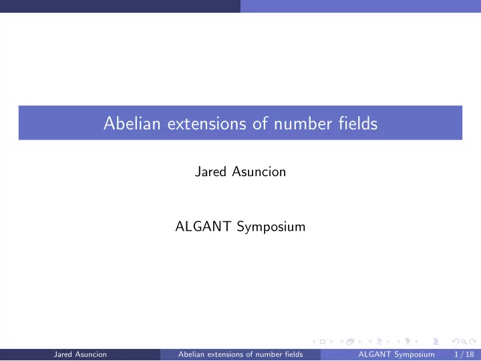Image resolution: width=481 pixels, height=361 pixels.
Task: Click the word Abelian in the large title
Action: (x=132, y=123)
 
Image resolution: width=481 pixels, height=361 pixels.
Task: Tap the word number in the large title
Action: (x=303, y=123)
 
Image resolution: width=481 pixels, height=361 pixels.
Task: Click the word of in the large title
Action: (x=260, y=123)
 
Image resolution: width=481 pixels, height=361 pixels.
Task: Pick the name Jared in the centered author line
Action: (x=210, y=171)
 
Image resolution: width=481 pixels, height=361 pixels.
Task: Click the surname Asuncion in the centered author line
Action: (x=259, y=171)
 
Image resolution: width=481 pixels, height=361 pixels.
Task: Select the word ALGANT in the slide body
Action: (x=203, y=226)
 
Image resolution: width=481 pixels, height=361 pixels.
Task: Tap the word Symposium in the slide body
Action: (x=271, y=227)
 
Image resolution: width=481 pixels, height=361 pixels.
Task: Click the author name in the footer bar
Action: (x=80, y=354)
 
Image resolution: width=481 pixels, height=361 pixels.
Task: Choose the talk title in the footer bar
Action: (x=240, y=354)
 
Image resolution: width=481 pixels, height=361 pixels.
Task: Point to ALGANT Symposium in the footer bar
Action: (x=396, y=354)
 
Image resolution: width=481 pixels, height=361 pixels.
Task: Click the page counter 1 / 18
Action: (x=464, y=354)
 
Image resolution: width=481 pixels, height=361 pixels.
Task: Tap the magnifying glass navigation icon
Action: (x=464, y=342)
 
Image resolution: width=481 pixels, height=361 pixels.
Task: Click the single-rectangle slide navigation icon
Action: (x=323, y=342)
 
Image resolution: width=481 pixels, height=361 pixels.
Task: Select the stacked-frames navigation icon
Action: (x=350, y=342)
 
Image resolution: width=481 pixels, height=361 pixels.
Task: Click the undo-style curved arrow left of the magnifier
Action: (x=456, y=342)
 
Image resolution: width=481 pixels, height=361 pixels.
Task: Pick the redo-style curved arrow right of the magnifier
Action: (x=473, y=342)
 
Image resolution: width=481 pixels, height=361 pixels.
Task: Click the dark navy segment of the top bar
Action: (x=120, y=6)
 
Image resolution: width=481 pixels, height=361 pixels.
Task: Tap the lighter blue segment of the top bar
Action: (x=361, y=6)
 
